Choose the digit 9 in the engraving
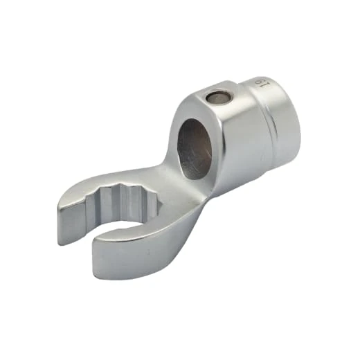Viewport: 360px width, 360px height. coord(264,87)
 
